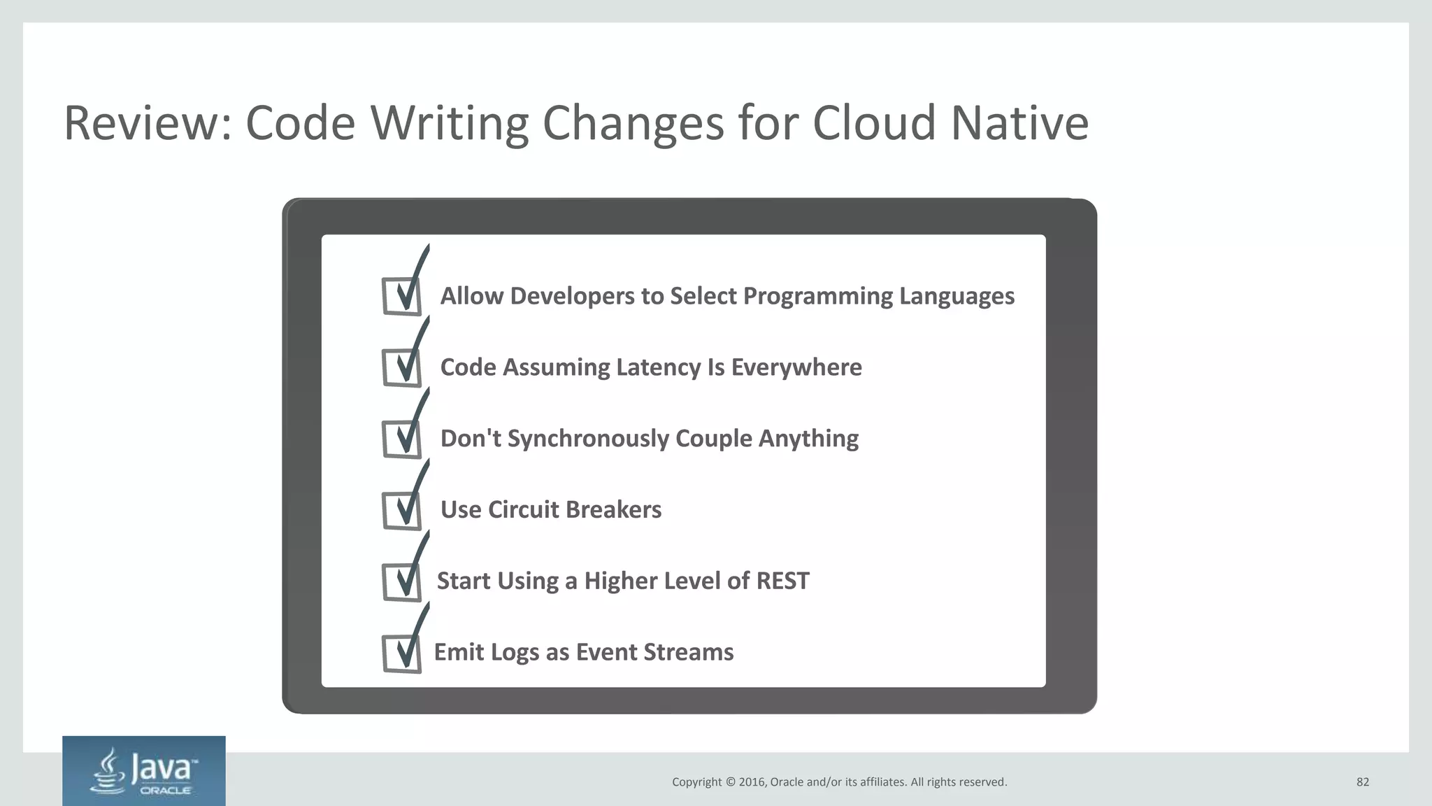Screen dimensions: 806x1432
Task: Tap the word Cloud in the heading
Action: point(873,123)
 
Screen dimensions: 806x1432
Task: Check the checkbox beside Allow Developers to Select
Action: point(402,297)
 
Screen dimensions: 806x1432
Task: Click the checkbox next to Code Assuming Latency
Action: point(402,368)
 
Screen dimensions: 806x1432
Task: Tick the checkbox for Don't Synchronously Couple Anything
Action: point(402,439)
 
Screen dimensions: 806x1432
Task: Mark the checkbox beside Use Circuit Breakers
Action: point(402,511)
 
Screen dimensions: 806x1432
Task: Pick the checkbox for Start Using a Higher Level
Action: point(402,582)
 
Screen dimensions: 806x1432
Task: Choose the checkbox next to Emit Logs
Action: point(402,653)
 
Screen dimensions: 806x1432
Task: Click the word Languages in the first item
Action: point(957,297)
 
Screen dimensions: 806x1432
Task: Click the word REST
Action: point(782,581)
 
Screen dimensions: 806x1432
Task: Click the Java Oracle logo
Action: point(144,771)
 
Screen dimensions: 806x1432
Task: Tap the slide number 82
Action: point(1362,782)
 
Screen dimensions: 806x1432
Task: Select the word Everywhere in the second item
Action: point(796,367)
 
